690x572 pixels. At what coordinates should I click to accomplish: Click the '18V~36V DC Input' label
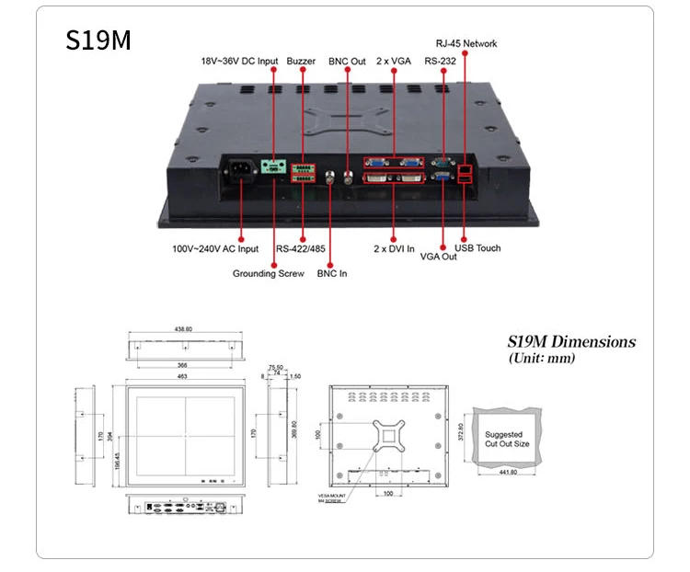[x=239, y=62]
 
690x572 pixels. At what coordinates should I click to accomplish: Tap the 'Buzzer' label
[x=301, y=62]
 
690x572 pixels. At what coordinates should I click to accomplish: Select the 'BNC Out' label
[x=347, y=62]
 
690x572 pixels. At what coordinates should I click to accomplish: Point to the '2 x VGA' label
[x=393, y=62]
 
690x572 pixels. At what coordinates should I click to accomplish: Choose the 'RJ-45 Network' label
[x=466, y=43]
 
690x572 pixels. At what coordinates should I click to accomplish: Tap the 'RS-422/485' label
[x=301, y=248]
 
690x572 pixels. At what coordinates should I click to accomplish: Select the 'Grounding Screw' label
[x=268, y=273]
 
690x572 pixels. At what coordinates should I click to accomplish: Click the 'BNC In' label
[x=332, y=273]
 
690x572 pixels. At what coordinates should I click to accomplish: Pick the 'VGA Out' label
[x=439, y=257]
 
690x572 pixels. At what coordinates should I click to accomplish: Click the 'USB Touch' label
[x=477, y=248]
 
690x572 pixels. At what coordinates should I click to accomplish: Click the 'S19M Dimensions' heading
[x=571, y=342]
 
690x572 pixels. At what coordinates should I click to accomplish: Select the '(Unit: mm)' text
[x=541, y=358]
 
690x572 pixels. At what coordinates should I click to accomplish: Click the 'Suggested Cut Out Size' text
[x=507, y=439]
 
